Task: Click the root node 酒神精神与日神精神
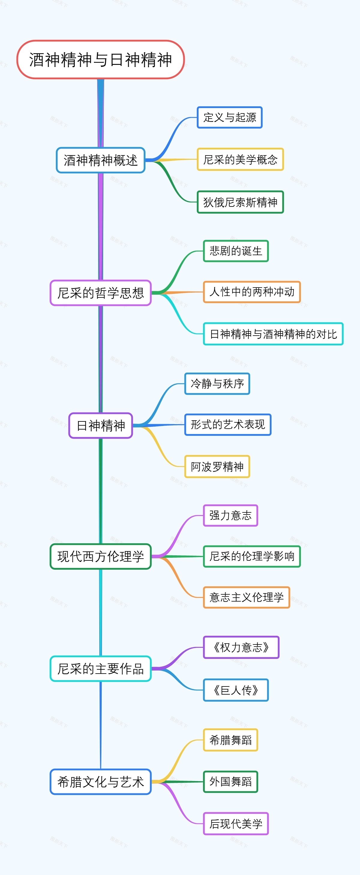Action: point(100,60)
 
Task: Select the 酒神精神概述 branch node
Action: point(100,160)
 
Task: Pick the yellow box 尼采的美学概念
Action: point(240,159)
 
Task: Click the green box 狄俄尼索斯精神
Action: point(240,202)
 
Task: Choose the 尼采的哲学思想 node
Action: point(100,293)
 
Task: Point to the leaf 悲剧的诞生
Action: point(236,251)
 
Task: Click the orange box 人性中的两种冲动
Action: point(252,292)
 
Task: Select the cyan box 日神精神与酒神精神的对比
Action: point(273,334)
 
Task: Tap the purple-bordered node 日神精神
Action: point(100,426)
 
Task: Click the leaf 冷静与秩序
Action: point(217,384)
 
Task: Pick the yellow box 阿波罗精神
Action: point(217,467)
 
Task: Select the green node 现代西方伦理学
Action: point(100,557)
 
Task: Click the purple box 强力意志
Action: point(230,515)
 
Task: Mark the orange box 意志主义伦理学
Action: point(246,597)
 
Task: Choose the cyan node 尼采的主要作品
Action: point(100,668)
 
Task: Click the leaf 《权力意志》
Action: point(241,647)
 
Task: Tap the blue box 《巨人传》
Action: point(236,690)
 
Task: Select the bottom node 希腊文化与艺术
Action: point(100,782)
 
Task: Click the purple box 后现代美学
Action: point(236,823)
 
